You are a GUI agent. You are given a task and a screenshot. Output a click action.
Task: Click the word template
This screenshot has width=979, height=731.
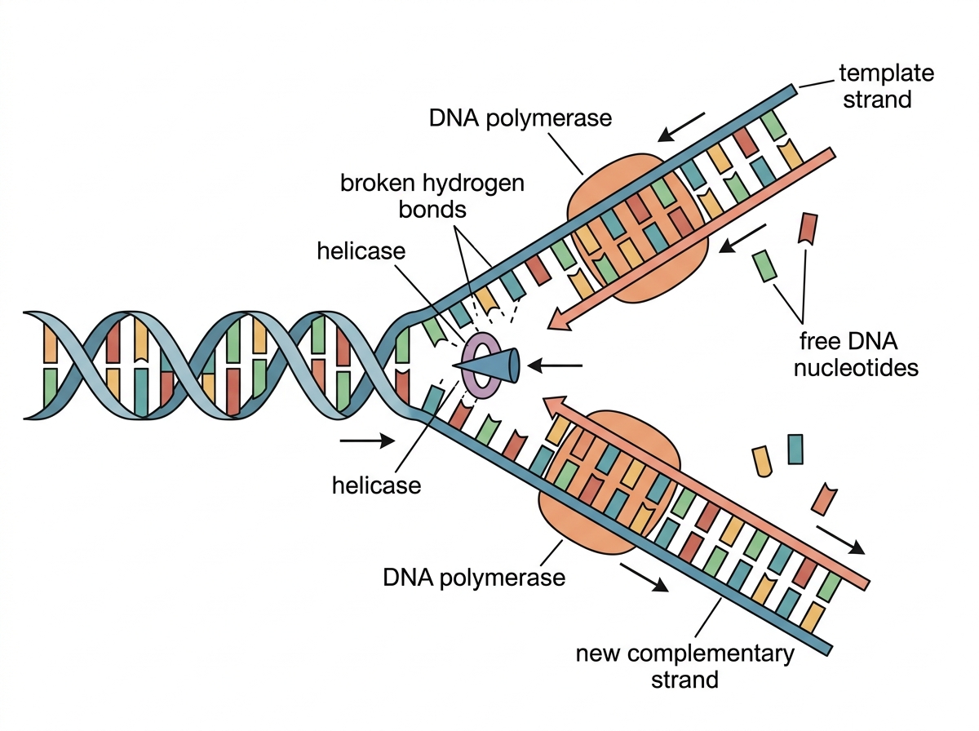pyautogui.click(x=886, y=73)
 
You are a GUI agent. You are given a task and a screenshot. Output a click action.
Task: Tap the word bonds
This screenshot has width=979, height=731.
pyautogui.click(x=432, y=209)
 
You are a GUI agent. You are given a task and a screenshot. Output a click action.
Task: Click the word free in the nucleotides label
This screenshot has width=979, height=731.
pyautogui.click(x=819, y=341)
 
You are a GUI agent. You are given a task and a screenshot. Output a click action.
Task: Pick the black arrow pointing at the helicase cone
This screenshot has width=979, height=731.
pyautogui.click(x=555, y=365)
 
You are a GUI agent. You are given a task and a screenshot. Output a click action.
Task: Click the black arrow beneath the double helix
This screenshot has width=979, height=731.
pyautogui.click(x=367, y=441)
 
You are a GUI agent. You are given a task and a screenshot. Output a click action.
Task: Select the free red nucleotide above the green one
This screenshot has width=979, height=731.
pyautogui.click(x=808, y=228)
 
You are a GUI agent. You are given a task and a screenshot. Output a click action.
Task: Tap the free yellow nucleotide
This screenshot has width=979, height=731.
pyautogui.click(x=762, y=461)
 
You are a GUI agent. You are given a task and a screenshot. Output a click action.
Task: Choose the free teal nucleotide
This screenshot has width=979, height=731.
pyautogui.click(x=795, y=450)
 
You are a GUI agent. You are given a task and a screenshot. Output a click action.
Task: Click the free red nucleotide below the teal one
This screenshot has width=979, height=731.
pyautogui.click(x=824, y=499)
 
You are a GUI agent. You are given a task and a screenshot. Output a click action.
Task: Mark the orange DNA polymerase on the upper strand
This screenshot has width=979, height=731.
pyautogui.click(x=638, y=228)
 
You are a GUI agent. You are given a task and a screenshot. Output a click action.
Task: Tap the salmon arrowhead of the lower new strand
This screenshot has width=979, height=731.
pyautogui.click(x=556, y=407)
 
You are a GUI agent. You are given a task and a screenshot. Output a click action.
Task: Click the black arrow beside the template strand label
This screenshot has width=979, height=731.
pyautogui.click(x=681, y=127)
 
